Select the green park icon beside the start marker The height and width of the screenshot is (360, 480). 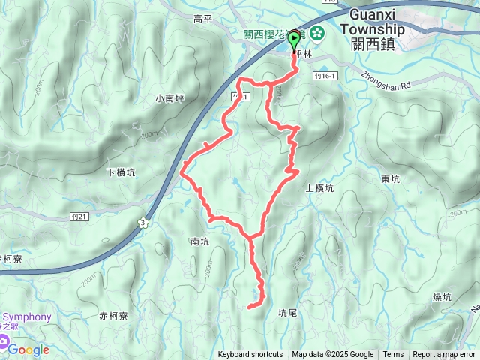pos(316,33)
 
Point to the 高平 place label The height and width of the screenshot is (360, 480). pos(203,19)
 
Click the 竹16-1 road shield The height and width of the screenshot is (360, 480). pos(327,76)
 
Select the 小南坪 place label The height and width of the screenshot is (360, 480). pos(170,98)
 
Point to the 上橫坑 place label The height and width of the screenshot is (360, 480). pos(319,189)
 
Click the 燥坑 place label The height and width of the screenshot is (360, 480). pos(442,297)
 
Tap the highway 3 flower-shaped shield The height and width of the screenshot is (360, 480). pos(142,222)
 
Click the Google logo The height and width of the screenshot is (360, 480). pos(28,349)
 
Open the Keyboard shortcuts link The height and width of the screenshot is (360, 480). pos(250,355)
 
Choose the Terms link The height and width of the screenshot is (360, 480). pos(393,355)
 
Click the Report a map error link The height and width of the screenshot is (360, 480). pos(444,355)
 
